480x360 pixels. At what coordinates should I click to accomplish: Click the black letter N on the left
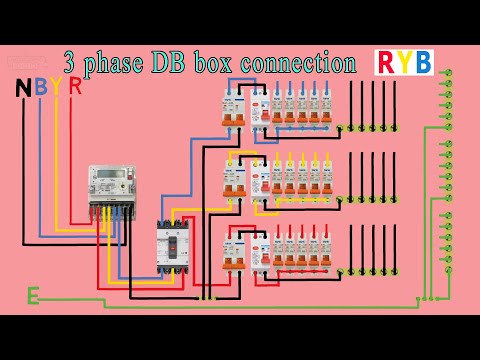[22, 89]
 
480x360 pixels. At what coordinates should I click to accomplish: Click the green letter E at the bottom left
[33, 295]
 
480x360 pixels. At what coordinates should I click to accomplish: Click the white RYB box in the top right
[405, 62]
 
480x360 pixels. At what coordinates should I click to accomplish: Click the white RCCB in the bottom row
[256, 251]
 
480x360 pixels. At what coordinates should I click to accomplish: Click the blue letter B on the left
[39, 89]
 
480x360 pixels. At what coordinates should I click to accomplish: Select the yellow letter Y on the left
[55, 89]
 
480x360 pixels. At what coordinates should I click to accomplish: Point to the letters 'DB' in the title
[185, 63]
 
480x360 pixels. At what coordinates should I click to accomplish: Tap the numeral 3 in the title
[71, 63]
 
